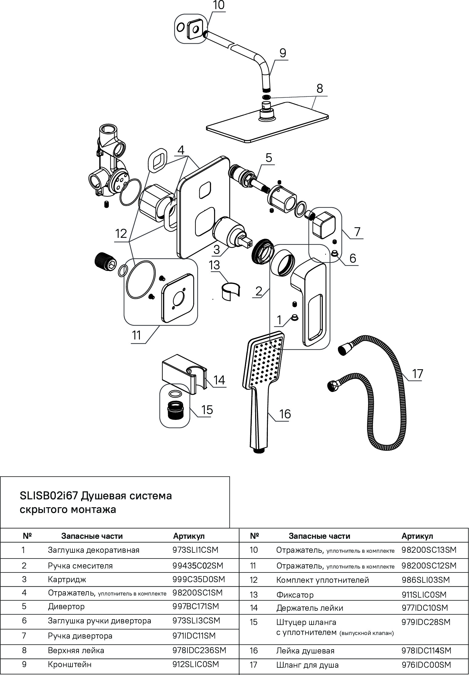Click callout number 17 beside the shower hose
click(x=417, y=373)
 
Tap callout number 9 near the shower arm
click(x=282, y=53)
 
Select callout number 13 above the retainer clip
click(x=214, y=265)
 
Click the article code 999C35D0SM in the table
click(x=199, y=579)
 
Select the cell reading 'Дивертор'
click(x=66, y=606)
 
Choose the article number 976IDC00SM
click(x=426, y=665)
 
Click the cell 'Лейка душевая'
click(x=305, y=650)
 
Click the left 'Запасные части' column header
click(x=92, y=536)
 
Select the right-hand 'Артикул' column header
click(x=417, y=536)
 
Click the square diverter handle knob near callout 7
click(x=324, y=225)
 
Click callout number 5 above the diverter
click(x=269, y=158)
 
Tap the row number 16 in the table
click(x=254, y=650)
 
